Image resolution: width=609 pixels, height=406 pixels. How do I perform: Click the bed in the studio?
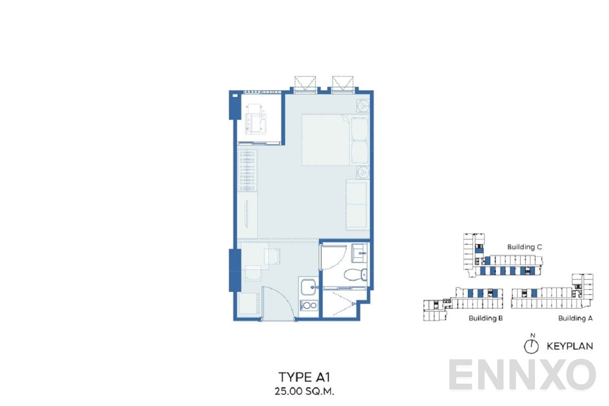[335, 140]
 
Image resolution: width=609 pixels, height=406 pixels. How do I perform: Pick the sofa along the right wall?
[356, 205]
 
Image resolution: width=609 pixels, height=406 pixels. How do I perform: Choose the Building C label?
[525, 247]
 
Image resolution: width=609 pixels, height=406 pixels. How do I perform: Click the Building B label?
[486, 318]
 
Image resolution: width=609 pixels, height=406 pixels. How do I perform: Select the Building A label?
[576, 318]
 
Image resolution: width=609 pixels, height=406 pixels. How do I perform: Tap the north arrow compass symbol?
[531, 346]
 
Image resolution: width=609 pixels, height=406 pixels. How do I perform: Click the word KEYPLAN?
[570, 347]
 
